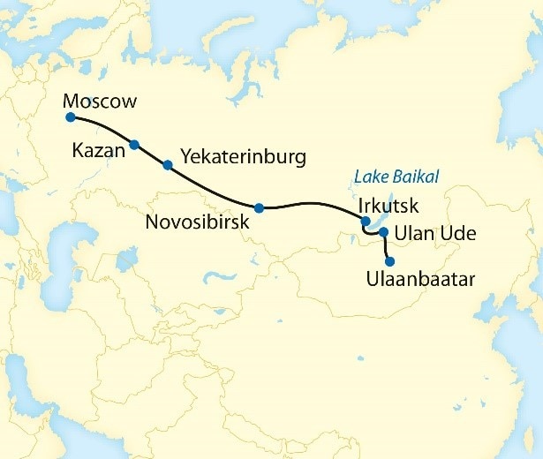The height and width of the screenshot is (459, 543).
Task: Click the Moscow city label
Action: point(101,102)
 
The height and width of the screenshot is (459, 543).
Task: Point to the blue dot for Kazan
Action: point(134,145)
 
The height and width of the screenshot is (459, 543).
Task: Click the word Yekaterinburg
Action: point(243,157)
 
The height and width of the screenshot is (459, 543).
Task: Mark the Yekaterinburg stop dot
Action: point(167,164)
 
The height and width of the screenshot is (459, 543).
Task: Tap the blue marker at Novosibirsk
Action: point(259,208)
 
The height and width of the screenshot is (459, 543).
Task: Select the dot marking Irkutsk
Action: point(366,222)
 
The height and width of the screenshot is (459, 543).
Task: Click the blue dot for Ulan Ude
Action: point(383,232)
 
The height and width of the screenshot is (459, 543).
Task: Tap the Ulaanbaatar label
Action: point(420,280)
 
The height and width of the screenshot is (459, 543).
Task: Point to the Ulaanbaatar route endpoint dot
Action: point(389,261)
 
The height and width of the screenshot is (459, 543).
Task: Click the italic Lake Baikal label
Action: point(397,177)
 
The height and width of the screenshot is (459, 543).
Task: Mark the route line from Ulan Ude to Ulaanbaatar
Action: point(386,247)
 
